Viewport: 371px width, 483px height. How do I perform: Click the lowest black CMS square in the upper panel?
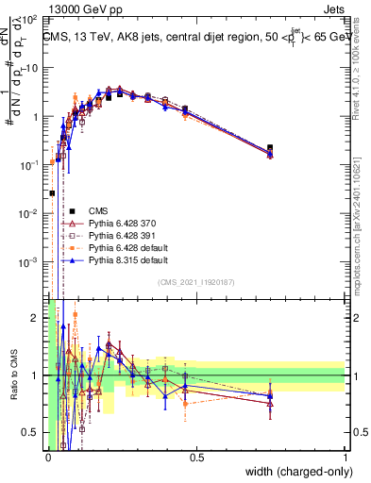coord(52,192)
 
